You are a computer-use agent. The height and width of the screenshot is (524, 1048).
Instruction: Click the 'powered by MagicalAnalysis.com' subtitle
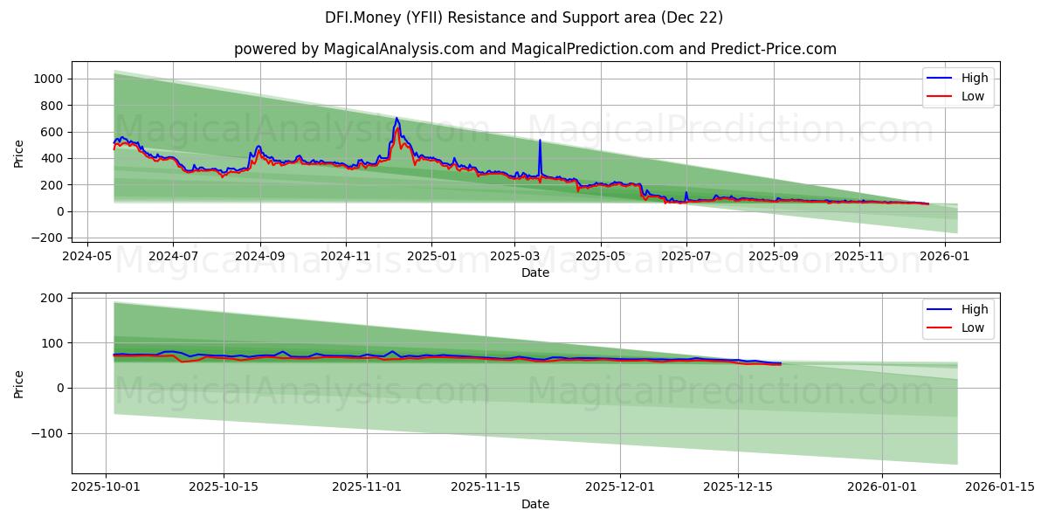pos(534,49)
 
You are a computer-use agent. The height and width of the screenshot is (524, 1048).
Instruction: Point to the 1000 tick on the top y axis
pos(49,79)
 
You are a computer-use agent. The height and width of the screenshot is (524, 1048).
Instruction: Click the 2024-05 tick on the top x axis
pos(86,257)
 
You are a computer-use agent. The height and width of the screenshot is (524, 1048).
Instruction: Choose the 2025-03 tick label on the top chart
pos(514,257)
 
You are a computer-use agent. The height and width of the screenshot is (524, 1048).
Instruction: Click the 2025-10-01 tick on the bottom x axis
pos(106,487)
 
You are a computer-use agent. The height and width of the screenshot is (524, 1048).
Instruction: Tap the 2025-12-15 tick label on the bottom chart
pos(738,487)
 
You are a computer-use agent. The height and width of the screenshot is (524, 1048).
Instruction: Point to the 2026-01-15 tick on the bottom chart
pos(1000,487)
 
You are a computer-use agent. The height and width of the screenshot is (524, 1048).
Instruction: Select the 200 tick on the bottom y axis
pos(52,298)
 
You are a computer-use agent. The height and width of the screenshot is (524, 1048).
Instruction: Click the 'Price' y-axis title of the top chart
pos(19,154)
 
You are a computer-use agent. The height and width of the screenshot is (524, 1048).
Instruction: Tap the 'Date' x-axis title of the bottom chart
pos(534,504)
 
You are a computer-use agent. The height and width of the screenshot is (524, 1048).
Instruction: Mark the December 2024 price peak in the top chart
pos(396,118)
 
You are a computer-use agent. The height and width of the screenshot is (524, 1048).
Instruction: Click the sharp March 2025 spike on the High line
pos(540,140)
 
